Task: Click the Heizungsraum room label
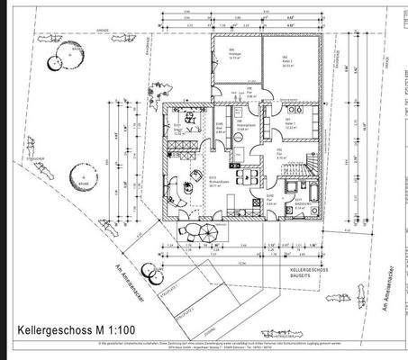coord(241,127)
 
